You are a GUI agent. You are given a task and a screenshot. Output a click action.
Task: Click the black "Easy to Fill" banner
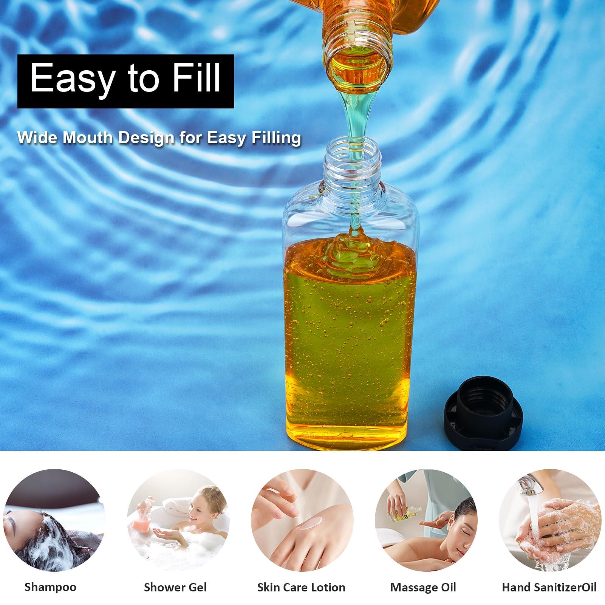pyautogui.click(x=125, y=81)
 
